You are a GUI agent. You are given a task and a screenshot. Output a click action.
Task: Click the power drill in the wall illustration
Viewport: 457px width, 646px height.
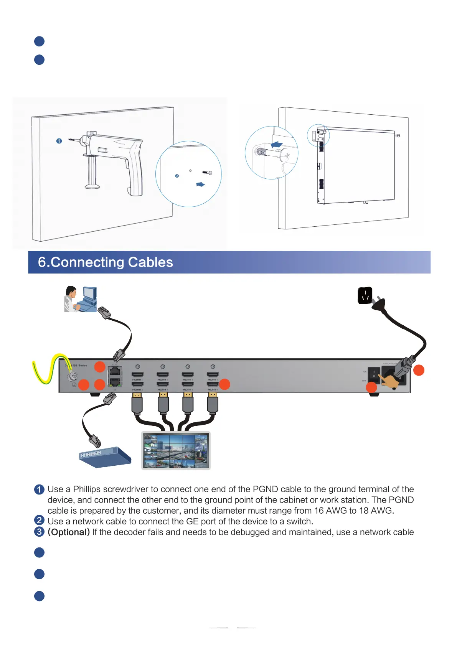coord(115,157)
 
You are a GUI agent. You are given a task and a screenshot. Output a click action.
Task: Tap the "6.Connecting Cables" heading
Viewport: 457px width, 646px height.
coord(106,262)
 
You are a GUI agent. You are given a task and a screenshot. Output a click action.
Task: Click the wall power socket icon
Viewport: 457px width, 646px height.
coord(365,295)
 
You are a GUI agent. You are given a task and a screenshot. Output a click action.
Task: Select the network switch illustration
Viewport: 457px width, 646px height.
coord(105,457)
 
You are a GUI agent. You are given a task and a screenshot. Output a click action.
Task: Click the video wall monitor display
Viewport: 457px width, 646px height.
coord(176,450)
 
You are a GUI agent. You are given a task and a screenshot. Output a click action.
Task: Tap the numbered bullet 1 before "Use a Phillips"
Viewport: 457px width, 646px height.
coord(39,489)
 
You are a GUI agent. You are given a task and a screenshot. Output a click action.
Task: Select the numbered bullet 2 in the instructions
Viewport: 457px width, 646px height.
coord(39,521)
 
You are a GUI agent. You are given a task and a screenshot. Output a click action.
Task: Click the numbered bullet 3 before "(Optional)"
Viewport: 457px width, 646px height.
coord(39,532)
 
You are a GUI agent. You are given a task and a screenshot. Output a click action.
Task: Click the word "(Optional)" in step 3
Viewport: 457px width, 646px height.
coord(69,532)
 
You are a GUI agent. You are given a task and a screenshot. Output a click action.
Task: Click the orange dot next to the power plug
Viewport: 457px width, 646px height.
coord(419,370)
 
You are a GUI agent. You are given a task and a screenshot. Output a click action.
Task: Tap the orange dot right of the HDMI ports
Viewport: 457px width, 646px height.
coord(224,384)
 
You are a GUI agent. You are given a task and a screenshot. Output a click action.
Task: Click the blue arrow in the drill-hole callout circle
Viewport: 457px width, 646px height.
coord(200,185)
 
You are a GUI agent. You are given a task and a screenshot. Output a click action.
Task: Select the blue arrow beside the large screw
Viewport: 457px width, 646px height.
coord(277,145)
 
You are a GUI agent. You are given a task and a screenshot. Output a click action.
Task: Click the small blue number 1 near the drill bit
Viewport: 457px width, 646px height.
coord(59,141)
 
